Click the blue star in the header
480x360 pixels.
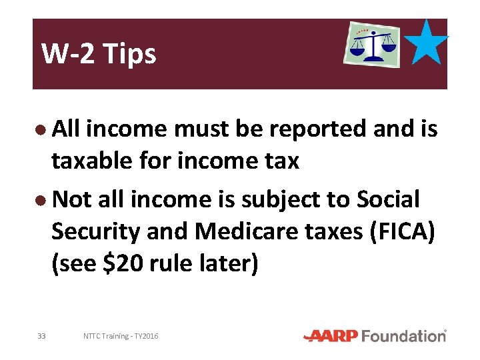tap(427, 43)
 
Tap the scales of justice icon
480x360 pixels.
tap(371, 43)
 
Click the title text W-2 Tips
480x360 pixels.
tap(99, 54)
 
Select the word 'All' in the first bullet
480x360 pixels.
tap(66, 129)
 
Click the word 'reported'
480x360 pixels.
tap(313, 129)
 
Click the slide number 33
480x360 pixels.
tap(41, 336)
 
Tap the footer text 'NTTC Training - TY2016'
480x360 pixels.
tap(121, 336)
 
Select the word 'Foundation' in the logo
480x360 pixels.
tap(405, 336)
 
